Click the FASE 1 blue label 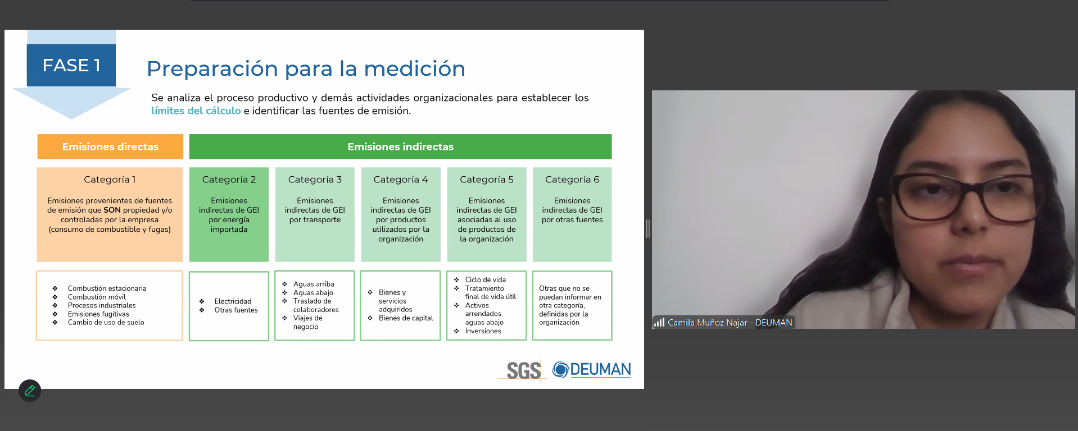click(71, 65)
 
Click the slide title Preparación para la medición click(306, 69)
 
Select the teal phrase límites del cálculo click(196, 111)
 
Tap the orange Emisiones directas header click(110, 146)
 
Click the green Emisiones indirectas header click(400, 146)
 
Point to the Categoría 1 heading click(110, 180)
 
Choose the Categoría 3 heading click(315, 180)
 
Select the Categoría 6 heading click(572, 180)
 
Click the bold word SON click(112, 210)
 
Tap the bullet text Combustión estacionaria click(107, 288)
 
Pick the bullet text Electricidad click(233, 301)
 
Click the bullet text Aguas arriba click(314, 284)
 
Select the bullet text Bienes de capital click(406, 318)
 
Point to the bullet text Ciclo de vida click(486, 279)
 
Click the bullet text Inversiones click(483, 331)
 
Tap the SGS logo click(523, 370)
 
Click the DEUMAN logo click(592, 369)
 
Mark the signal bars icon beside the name click(659, 322)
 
